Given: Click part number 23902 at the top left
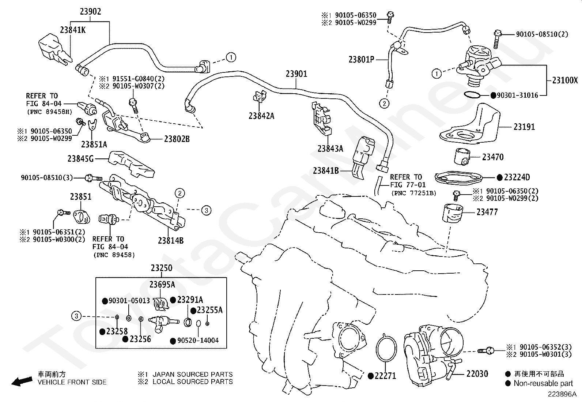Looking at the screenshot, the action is (x=90, y=11).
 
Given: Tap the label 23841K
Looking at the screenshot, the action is (x=73, y=30).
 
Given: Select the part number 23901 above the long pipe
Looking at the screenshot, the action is (x=296, y=74).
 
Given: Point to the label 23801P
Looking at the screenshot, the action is (x=362, y=60).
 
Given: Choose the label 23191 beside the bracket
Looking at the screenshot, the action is (x=524, y=127).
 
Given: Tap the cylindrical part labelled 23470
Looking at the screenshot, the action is (x=462, y=157).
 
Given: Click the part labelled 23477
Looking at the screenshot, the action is (x=452, y=214).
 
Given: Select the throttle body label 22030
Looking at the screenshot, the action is (x=477, y=374).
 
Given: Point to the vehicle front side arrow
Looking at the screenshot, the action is (x=22, y=381).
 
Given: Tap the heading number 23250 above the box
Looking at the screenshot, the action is (x=162, y=268).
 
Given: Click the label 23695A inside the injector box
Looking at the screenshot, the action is (x=162, y=285).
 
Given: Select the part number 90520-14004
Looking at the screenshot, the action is (x=198, y=341).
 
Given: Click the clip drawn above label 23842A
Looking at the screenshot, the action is (x=260, y=97).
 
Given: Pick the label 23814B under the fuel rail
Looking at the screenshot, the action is (x=171, y=241).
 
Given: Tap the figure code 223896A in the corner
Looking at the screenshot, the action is (x=562, y=394).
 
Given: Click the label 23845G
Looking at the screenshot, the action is (x=80, y=159).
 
